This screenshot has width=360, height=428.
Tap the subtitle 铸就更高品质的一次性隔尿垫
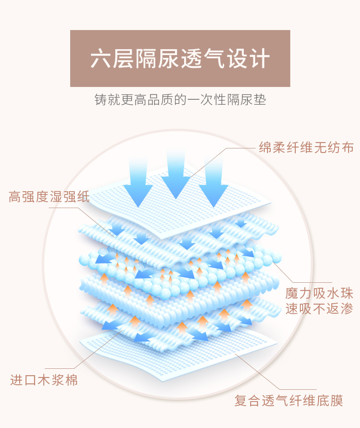[180, 99]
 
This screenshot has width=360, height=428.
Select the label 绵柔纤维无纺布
[306, 147]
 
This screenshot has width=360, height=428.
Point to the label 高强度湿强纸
[50, 197]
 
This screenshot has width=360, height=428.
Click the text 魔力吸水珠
[319, 293]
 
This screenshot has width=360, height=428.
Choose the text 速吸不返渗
[319, 309]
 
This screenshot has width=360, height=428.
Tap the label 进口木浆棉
[44, 380]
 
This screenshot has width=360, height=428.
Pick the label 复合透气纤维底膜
[288, 401]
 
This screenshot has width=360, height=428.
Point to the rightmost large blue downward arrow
[213, 182]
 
